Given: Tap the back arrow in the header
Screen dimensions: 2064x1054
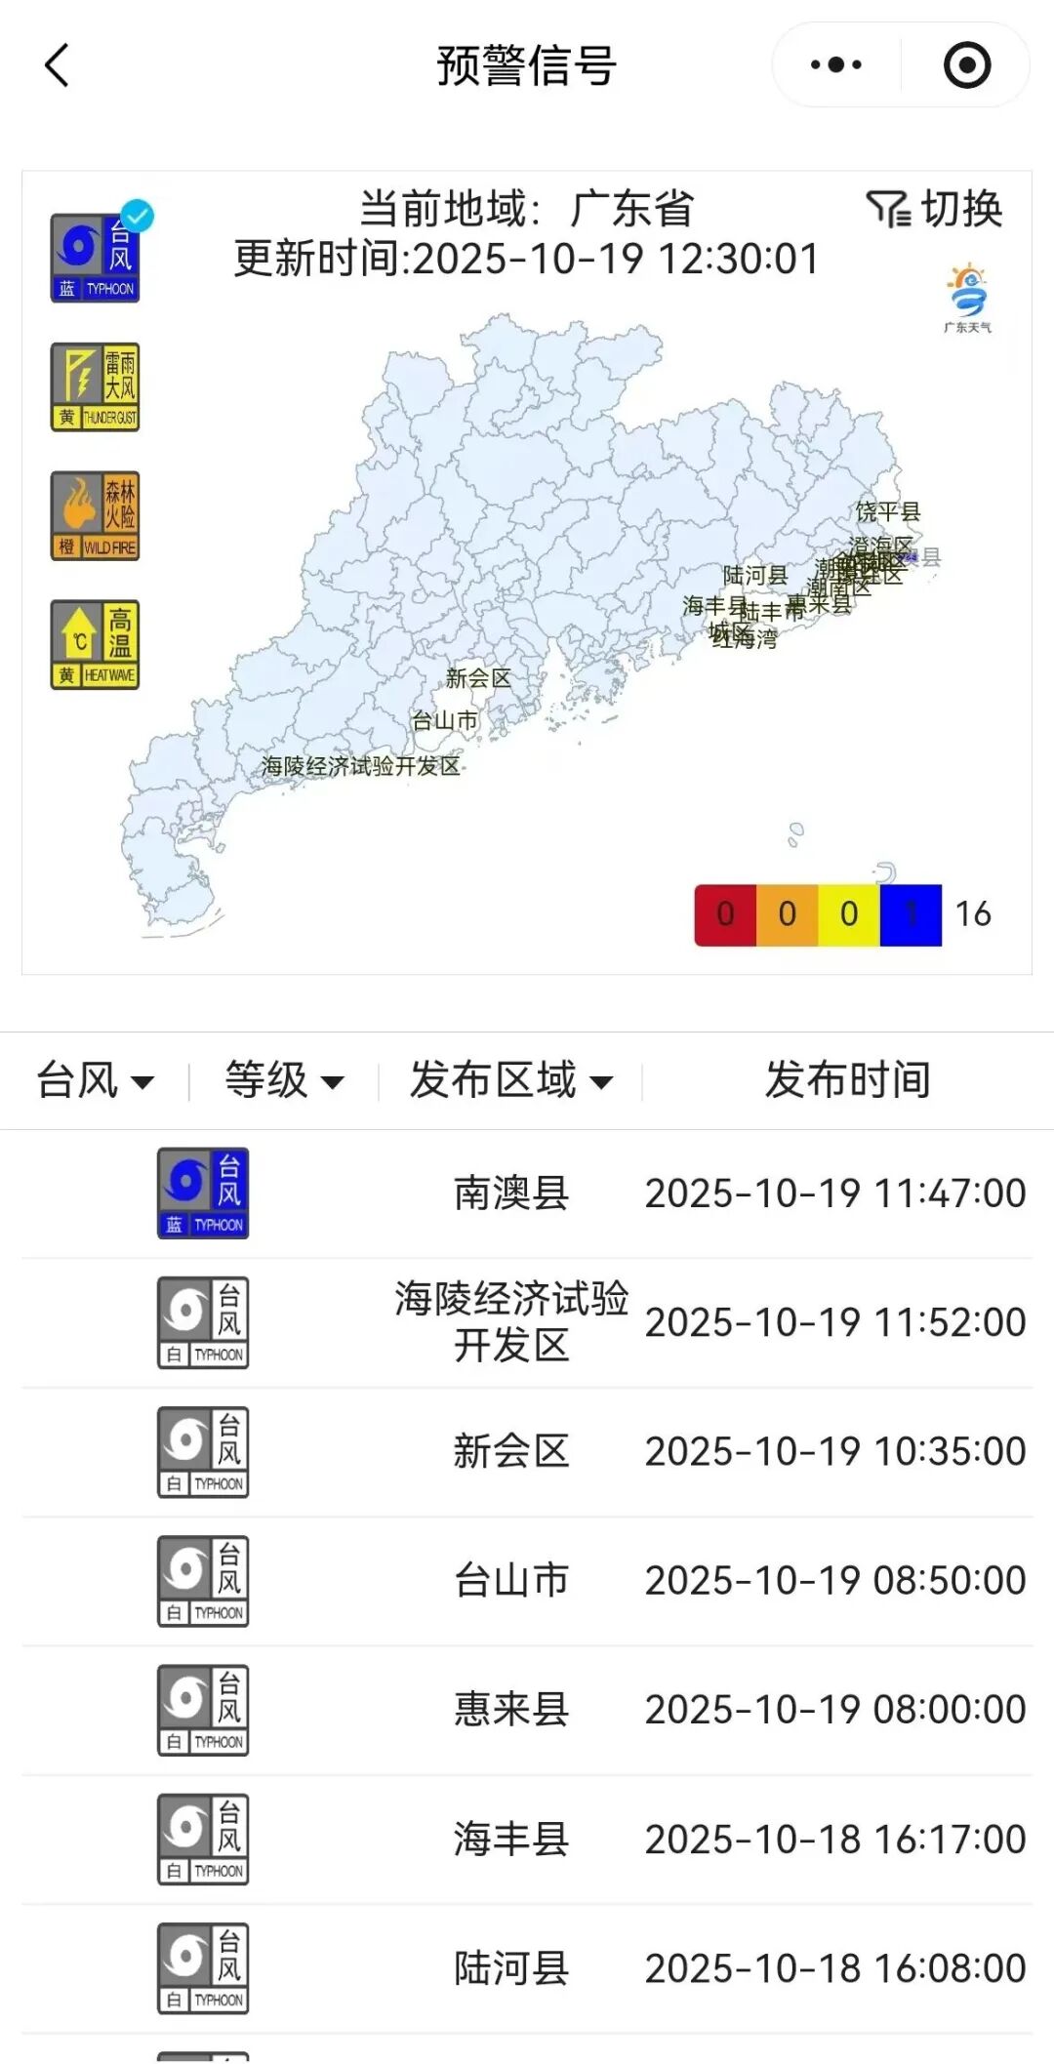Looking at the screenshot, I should click(57, 65).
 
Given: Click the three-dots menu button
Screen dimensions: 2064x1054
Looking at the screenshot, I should click(836, 65).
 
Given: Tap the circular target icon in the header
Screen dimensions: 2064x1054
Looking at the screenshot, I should click(966, 65).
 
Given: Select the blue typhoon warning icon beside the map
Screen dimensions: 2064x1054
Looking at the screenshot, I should click(95, 259).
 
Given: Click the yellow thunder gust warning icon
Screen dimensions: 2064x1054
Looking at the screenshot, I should click(95, 387).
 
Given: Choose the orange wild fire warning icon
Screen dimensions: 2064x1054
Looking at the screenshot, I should click(95, 516).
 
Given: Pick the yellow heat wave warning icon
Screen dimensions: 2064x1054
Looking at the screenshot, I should click(95, 645).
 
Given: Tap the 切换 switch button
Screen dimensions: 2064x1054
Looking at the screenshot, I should click(935, 209).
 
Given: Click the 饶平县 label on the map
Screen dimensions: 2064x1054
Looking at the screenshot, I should click(888, 511).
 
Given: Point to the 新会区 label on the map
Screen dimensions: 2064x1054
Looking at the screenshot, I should click(478, 678).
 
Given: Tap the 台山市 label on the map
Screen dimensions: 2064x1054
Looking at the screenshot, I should click(445, 721).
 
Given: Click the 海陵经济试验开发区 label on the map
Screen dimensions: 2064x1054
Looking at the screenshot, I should click(360, 766).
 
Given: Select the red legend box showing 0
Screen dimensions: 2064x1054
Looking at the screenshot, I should click(725, 914).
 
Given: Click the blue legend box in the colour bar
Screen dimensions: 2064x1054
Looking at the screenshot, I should click(911, 914).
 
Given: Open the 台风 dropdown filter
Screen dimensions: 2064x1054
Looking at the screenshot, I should click(95, 1080).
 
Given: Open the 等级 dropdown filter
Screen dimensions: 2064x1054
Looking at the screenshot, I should click(284, 1080).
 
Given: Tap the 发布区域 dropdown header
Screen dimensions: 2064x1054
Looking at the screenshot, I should click(510, 1080).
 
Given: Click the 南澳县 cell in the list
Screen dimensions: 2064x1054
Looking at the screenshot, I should click(510, 1194).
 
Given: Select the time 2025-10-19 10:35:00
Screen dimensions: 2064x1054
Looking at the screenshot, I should click(835, 1451).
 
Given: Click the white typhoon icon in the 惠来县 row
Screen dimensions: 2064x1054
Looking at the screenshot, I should click(203, 1710).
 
